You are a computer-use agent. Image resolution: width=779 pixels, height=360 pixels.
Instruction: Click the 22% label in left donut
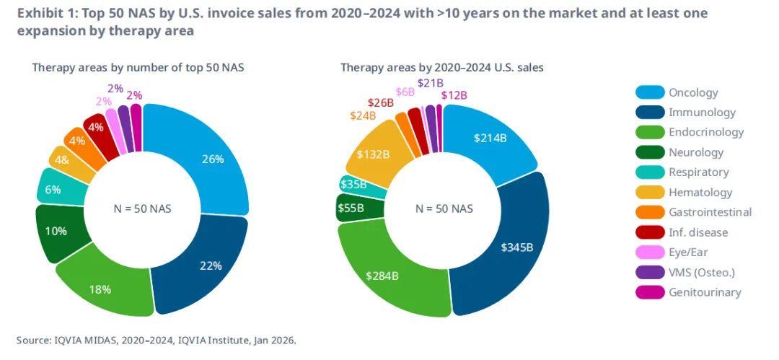point(211,265)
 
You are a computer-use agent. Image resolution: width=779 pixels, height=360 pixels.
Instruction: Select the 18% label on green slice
point(100,289)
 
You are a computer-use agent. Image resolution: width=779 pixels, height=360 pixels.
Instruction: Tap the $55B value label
point(352,207)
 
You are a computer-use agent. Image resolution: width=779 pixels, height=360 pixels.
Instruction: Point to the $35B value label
point(353,184)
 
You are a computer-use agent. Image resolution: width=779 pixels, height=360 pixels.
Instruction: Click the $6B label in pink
point(405,92)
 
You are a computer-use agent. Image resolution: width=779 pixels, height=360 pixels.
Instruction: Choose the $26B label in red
point(380,103)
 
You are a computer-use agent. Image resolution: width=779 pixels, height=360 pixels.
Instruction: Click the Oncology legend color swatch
point(648,92)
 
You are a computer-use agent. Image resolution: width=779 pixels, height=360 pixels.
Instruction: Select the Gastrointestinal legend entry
point(710,212)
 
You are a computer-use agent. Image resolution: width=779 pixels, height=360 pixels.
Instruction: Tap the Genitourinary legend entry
point(704,292)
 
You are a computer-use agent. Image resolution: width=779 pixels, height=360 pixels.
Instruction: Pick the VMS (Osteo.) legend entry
point(702,272)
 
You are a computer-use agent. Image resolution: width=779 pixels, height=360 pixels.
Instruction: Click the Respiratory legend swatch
point(648,172)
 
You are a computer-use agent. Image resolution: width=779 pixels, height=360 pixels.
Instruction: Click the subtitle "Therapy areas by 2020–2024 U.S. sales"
point(441,67)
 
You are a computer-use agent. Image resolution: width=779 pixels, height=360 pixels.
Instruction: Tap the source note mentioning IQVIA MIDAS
point(156,339)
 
